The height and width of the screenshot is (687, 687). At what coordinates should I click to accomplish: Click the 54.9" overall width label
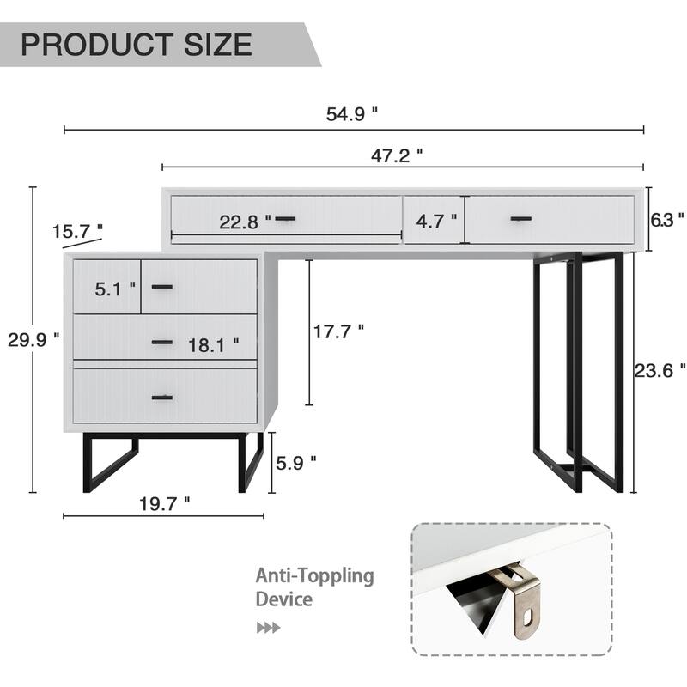(352, 113)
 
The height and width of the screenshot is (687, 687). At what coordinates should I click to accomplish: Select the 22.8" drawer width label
(244, 222)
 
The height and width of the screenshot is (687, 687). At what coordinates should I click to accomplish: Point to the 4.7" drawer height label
(436, 221)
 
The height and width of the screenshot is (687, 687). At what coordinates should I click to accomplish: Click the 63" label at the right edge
(667, 219)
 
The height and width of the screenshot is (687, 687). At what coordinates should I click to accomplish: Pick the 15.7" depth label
(77, 231)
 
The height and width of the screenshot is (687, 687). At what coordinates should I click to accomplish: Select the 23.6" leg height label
(660, 369)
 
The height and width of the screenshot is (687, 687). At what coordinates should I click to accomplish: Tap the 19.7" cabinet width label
(163, 504)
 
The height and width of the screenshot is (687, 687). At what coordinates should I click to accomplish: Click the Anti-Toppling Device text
(314, 587)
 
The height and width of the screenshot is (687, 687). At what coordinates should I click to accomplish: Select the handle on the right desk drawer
(522, 220)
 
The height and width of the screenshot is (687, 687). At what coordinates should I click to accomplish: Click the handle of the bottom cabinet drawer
(162, 398)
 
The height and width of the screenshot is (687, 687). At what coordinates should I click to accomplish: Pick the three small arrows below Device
(268, 628)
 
